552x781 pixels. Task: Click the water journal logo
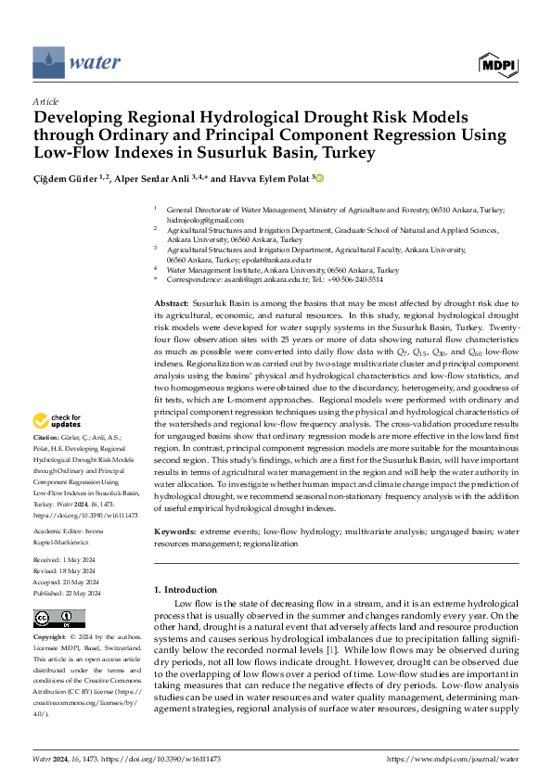[x=77, y=63]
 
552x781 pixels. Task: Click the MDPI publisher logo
[x=497, y=63]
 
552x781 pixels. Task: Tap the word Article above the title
[x=45, y=101]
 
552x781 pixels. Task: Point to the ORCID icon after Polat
[x=320, y=177]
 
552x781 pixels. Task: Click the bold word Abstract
[x=171, y=303]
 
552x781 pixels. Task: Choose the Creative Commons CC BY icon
[x=58, y=619]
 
